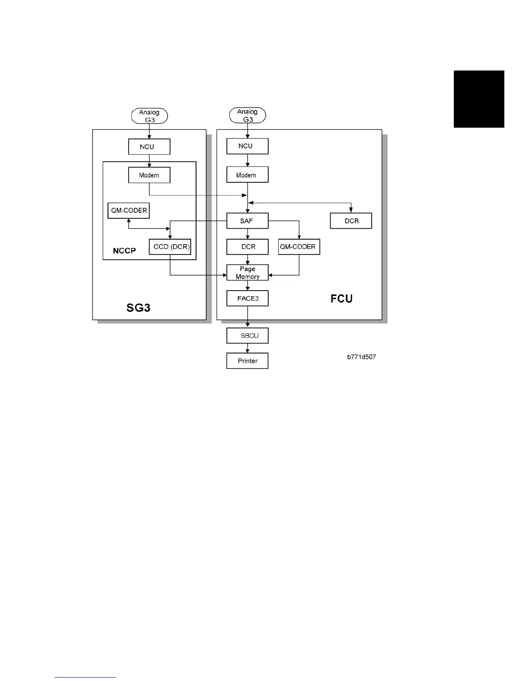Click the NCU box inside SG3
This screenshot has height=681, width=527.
(x=149, y=147)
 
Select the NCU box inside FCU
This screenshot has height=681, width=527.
(x=247, y=146)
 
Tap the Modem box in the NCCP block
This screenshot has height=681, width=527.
(x=149, y=175)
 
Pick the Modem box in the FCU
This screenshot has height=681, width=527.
(x=247, y=175)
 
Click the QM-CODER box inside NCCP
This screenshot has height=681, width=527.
(x=128, y=210)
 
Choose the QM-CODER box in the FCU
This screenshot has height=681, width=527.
(x=299, y=247)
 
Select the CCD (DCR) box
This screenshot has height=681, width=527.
(x=170, y=247)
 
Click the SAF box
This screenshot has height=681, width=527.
(x=247, y=221)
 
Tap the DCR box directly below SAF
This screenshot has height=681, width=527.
(x=247, y=247)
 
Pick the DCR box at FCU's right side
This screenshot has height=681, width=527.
(x=350, y=221)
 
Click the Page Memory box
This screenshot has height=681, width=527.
(x=247, y=273)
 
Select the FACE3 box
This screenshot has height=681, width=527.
(x=247, y=298)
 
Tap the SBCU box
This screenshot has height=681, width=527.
(x=247, y=336)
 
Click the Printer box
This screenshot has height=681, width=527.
(x=247, y=361)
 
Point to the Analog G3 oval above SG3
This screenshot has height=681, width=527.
(x=149, y=116)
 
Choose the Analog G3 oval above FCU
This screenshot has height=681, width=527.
(x=248, y=115)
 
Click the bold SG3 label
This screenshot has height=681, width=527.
(x=138, y=307)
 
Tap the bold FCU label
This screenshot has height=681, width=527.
(x=341, y=299)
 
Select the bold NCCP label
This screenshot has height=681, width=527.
(x=124, y=251)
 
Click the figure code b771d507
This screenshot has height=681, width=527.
(x=362, y=357)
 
